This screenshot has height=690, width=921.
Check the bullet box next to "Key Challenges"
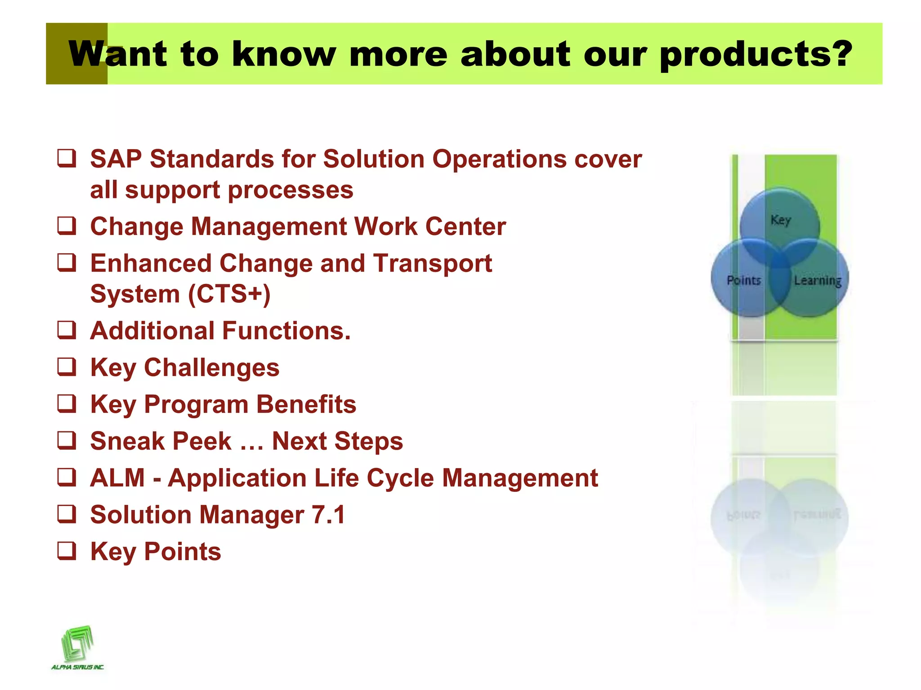point(67,367)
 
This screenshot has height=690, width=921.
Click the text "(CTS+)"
point(229,294)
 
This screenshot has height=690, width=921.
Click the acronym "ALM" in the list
point(117,478)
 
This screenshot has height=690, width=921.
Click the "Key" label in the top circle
point(780,220)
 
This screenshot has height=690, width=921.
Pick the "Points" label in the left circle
point(744,280)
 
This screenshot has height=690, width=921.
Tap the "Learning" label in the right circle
point(817,281)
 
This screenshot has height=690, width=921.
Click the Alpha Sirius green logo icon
point(77,642)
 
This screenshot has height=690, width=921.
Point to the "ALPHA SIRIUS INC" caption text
point(77,667)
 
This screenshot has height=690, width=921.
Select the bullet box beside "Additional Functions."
point(67,330)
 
